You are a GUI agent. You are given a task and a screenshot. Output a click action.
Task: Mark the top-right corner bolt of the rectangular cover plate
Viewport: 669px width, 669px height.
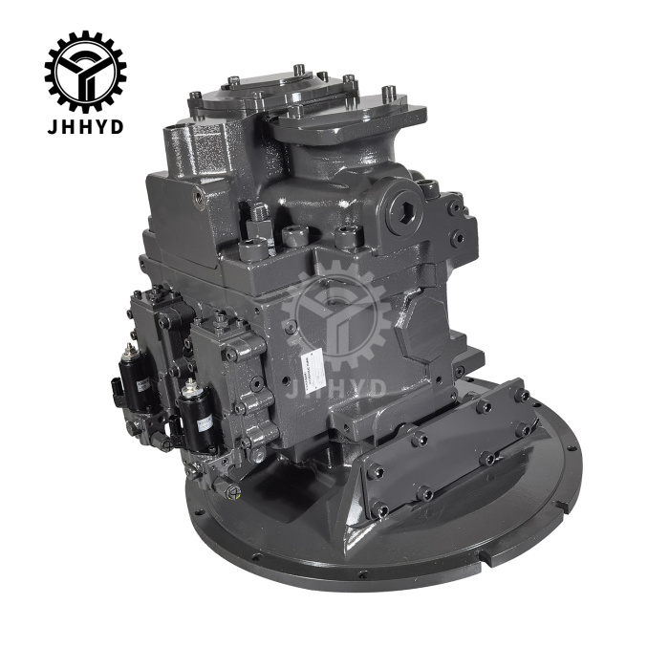tap(522, 394)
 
